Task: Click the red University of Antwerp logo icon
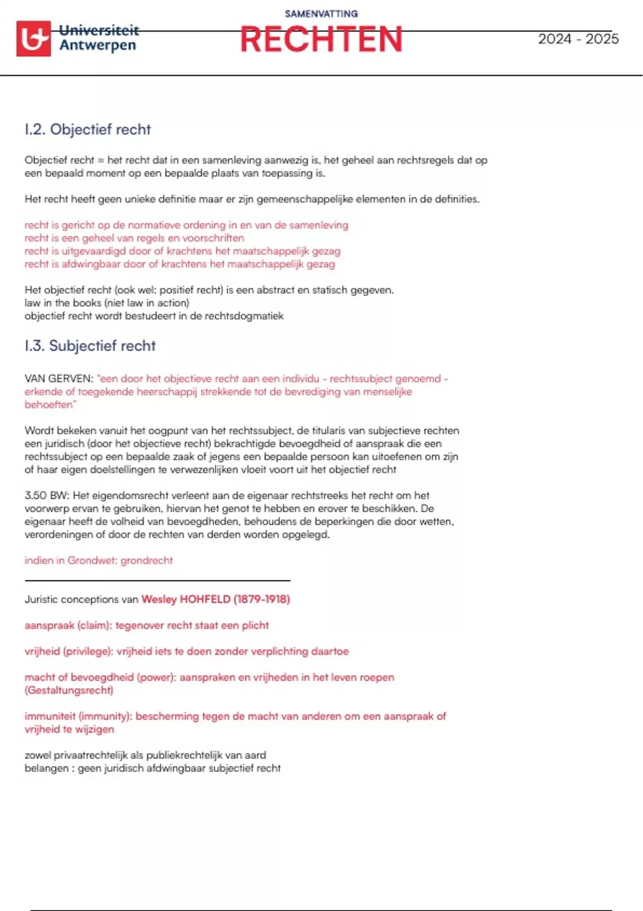(x=34, y=39)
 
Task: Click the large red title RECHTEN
(x=321, y=40)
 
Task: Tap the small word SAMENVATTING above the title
(x=321, y=14)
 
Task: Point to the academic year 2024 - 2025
(x=578, y=39)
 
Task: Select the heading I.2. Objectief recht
(x=88, y=129)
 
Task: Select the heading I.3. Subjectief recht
(x=90, y=346)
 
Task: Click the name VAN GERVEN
(x=58, y=379)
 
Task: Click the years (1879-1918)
(x=261, y=599)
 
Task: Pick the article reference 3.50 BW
(x=47, y=496)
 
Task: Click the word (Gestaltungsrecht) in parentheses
(x=69, y=690)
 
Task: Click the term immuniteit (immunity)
(x=78, y=716)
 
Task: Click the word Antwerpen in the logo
(x=98, y=46)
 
